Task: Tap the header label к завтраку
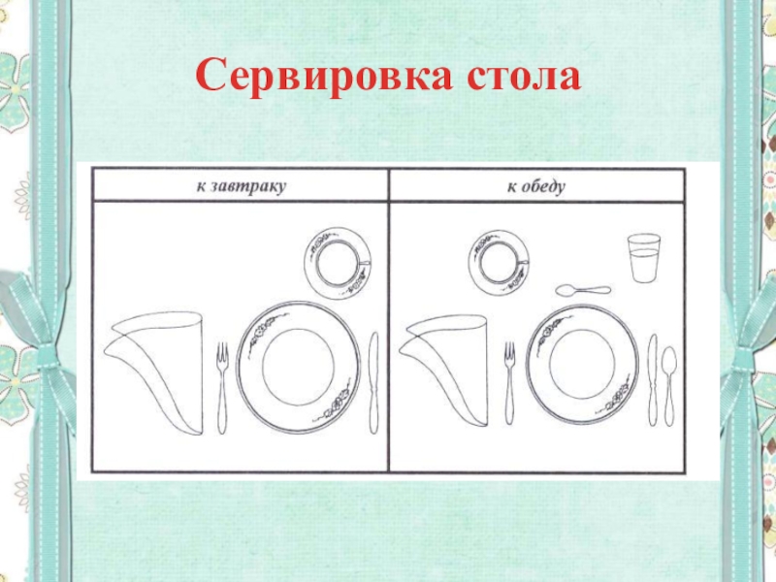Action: pyautogui.click(x=241, y=186)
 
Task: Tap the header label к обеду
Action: pyautogui.click(x=536, y=186)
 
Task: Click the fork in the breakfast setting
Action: pyautogui.click(x=222, y=389)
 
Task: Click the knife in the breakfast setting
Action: pyautogui.click(x=374, y=383)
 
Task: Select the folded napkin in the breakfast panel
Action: pyautogui.click(x=154, y=372)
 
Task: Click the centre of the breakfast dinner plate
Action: pyautogui.click(x=299, y=368)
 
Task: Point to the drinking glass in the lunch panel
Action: pyautogui.click(x=644, y=258)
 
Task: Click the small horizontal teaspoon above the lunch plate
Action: pyautogui.click(x=583, y=290)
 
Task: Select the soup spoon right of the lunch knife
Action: pyautogui.click(x=669, y=386)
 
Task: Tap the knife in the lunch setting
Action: pyautogui.click(x=653, y=380)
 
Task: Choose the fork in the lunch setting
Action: pyautogui.click(x=509, y=383)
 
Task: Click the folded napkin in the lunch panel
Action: pyautogui.click(x=445, y=370)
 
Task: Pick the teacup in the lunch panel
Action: pyautogui.click(x=501, y=262)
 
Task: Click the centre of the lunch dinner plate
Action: pyautogui.click(x=582, y=365)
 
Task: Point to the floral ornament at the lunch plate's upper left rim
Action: pyautogui.click(x=548, y=327)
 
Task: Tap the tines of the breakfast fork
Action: pyautogui.click(x=222, y=353)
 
